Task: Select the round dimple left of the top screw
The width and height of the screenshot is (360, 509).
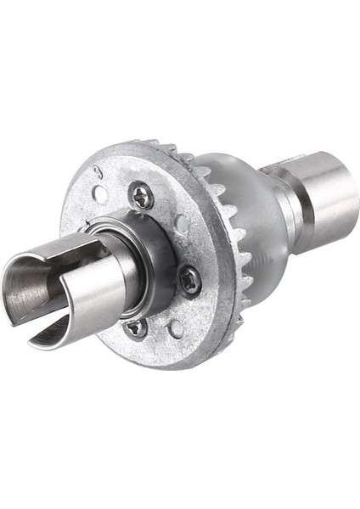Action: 100,194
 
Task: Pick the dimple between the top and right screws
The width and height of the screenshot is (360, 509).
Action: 181,224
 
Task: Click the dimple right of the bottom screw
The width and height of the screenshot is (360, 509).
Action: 176,327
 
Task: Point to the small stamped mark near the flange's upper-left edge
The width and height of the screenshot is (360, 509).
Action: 98,173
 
